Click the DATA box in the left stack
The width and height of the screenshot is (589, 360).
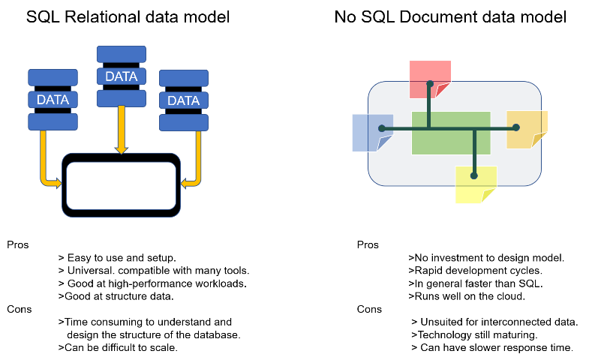53,100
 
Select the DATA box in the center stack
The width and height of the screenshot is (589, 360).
121,76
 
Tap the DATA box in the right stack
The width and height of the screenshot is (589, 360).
183,100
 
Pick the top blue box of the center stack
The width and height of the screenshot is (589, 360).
121,54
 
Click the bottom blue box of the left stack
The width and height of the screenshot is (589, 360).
53,121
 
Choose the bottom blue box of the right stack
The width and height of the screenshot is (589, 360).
183,122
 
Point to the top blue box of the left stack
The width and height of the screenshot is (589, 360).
53,77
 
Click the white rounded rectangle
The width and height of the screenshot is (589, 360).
121,185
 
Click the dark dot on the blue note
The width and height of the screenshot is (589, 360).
382,128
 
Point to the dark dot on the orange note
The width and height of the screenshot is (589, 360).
516,127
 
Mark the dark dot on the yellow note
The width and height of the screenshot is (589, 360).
474,175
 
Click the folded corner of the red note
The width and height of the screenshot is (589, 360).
443,90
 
